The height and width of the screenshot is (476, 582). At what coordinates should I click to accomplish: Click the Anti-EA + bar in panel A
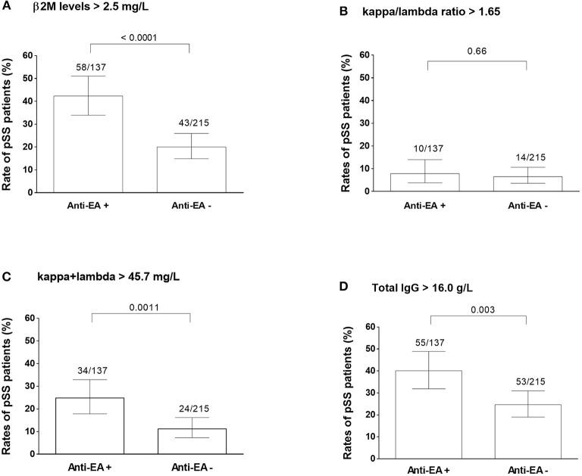(x=89, y=144)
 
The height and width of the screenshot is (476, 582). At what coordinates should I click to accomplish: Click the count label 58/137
(x=89, y=68)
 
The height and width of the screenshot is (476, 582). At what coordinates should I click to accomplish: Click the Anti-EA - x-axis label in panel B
(x=527, y=204)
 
